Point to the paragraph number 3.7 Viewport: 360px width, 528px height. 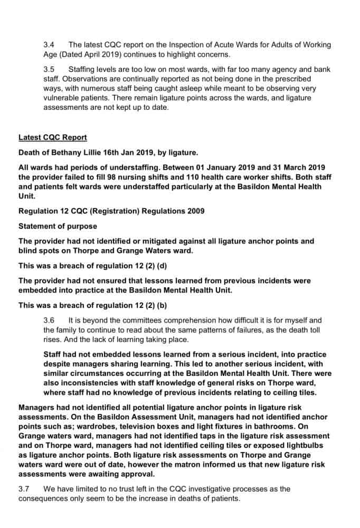pos(24,489)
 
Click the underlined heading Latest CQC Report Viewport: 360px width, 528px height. pos(53,137)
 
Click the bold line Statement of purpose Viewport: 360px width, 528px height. pos(58,226)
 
